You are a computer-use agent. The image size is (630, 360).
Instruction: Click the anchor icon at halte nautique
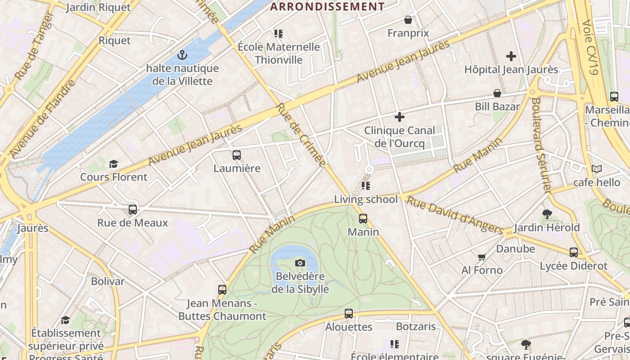click(x=182, y=55)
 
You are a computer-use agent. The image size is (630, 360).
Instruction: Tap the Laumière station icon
click(x=237, y=155)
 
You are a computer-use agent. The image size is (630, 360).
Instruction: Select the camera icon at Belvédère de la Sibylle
click(x=300, y=263)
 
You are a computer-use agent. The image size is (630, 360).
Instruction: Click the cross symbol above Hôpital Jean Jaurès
click(x=511, y=56)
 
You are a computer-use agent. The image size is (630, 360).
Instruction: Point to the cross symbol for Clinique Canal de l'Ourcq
click(x=399, y=117)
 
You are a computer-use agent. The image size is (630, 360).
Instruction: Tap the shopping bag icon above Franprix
click(x=408, y=20)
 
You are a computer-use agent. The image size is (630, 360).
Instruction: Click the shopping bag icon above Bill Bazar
click(x=497, y=93)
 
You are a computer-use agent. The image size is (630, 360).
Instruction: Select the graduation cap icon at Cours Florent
click(x=113, y=164)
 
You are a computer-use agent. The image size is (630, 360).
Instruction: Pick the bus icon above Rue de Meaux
click(x=133, y=209)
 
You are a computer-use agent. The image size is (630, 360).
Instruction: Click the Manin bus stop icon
click(x=363, y=219)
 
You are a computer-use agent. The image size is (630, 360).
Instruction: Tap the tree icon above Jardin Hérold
click(x=547, y=214)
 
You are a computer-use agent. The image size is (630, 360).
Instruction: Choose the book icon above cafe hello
click(x=597, y=169)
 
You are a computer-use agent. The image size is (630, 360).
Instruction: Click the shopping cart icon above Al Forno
click(x=482, y=257)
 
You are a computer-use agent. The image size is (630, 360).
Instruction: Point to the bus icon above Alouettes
click(x=349, y=314)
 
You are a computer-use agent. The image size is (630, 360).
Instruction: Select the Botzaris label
click(x=416, y=326)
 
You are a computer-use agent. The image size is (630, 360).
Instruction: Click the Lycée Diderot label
click(x=574, y=266)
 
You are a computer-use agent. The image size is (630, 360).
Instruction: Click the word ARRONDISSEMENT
click(x=327, y=6)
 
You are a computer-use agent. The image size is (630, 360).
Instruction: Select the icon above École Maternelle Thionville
click(x=279, y=34)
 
